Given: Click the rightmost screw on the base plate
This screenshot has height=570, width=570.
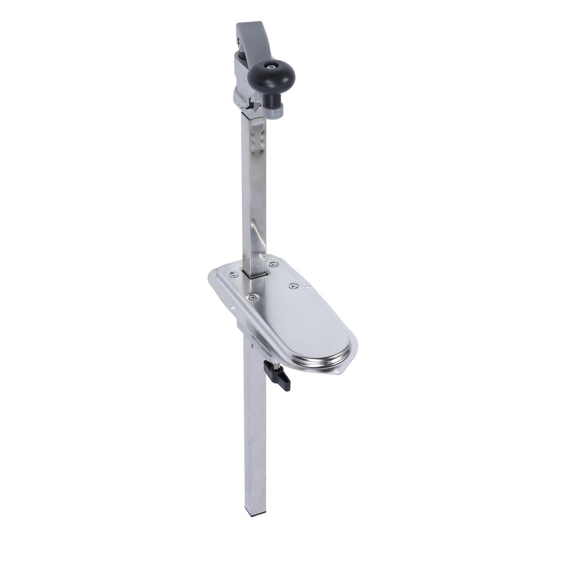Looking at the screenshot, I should tap(293, 286).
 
